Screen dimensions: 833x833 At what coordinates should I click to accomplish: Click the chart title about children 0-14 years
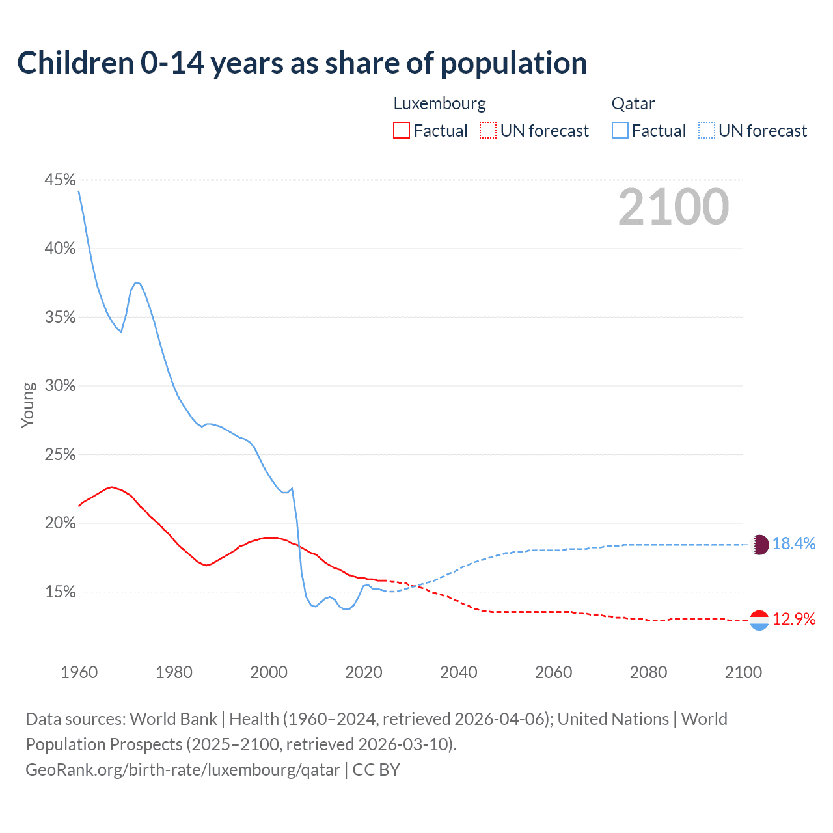pyautogui.click(x=302, y=63)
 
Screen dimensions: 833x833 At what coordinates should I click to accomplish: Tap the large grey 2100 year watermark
pyautogui.click(x=674, y=207)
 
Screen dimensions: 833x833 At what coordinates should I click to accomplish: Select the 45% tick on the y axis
pyautogui.click(x=60, y=180)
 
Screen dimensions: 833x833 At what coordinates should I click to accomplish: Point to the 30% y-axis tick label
pyautogui.click(x=60, y=386)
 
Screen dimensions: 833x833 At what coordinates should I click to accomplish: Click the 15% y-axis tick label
pyautogui.click(x=60, y=592)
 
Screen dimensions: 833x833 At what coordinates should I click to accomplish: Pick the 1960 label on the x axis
pyautogui.click(x=79, y=672)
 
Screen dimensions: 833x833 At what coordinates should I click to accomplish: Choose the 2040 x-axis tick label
pyautogui.click(x=458, y=672)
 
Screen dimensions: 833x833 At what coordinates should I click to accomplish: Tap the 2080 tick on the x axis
pyautogui.click(x=648, y=672)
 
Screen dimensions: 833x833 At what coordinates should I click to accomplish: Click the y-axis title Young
pyautogui.click(x=28, y=405)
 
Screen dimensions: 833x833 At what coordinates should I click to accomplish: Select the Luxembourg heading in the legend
pyautogui.click(x=439, y=103)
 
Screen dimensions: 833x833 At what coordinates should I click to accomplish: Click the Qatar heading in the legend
pyautogui.click(x=633, y=103)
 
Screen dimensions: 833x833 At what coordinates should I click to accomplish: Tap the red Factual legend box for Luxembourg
pyautogui.click(x=402, y=131)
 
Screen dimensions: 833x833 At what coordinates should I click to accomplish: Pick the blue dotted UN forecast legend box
pyautogui.click(x=707, y=131)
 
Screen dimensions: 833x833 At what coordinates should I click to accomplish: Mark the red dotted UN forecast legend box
pyautogui.click(x=488, y=131)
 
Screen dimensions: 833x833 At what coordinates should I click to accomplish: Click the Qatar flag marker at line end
pyautogui.click(x=759, y=545)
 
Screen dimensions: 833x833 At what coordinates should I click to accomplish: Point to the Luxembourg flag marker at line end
pyautogui.click(x=759, y=620)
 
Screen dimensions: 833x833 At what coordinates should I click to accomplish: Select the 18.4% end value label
pyautogui.click(x=794, y=544)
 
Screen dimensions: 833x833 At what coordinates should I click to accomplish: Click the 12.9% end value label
pyautogui.click(x=794, y=620)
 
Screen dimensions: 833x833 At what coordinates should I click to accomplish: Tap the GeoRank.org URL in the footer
pyautogui.click(x=183, y=770)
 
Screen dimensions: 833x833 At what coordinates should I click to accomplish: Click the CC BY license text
pyautogui.click(x=376, y=770)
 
